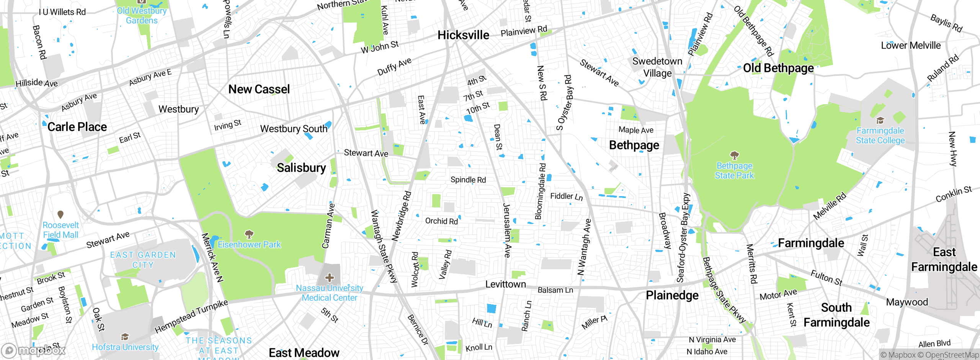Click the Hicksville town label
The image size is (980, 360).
click(463, 35)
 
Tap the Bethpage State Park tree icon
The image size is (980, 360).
click(734, 155)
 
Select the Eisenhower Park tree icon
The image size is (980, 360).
click(249, 234)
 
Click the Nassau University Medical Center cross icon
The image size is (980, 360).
click(330, 278)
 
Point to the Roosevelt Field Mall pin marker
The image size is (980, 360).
click(60, 214)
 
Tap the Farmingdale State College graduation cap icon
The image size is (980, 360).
click(880, 120)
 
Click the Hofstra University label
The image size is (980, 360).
click(125, 347)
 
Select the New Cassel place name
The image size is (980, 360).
click(259, 89)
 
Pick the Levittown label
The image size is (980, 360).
click(505, 284)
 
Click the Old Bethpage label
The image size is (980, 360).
click(778, 68)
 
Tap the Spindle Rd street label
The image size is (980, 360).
click(468, 180)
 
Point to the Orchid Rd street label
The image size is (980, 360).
click(441, 221)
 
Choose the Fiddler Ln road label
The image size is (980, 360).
click(566, 196)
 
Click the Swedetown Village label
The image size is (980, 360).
click(657, 67)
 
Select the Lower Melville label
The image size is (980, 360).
click(911, 46)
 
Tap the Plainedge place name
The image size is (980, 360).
click(672, 295)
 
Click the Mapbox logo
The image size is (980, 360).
click(34, 350)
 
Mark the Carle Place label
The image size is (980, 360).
click(77, 127)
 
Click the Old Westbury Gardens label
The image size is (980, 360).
click(142, 16)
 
